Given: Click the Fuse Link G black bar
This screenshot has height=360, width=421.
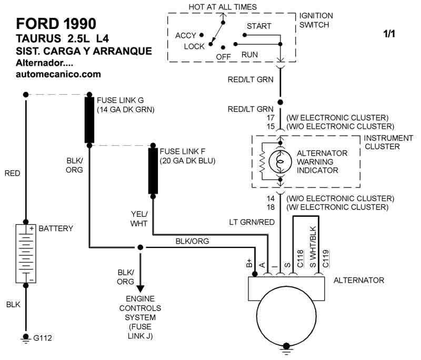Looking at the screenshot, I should [89, 119].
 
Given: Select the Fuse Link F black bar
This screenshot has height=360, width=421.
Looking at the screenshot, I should [153, 171].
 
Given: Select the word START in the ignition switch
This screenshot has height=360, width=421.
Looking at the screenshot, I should [259, 26].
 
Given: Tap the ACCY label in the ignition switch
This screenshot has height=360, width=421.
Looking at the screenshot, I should [186, 35].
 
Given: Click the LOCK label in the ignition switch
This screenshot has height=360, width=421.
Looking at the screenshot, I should [194, 46].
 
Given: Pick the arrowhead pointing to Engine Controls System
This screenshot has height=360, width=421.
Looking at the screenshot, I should [141, 289].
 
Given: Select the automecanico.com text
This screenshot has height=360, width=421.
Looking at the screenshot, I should [58, 74].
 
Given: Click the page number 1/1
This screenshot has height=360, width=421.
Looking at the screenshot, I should [389, 34].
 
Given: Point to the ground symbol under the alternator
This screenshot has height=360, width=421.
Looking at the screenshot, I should [287, 346].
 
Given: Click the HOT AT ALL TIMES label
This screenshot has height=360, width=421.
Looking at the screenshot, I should [223, 7].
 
